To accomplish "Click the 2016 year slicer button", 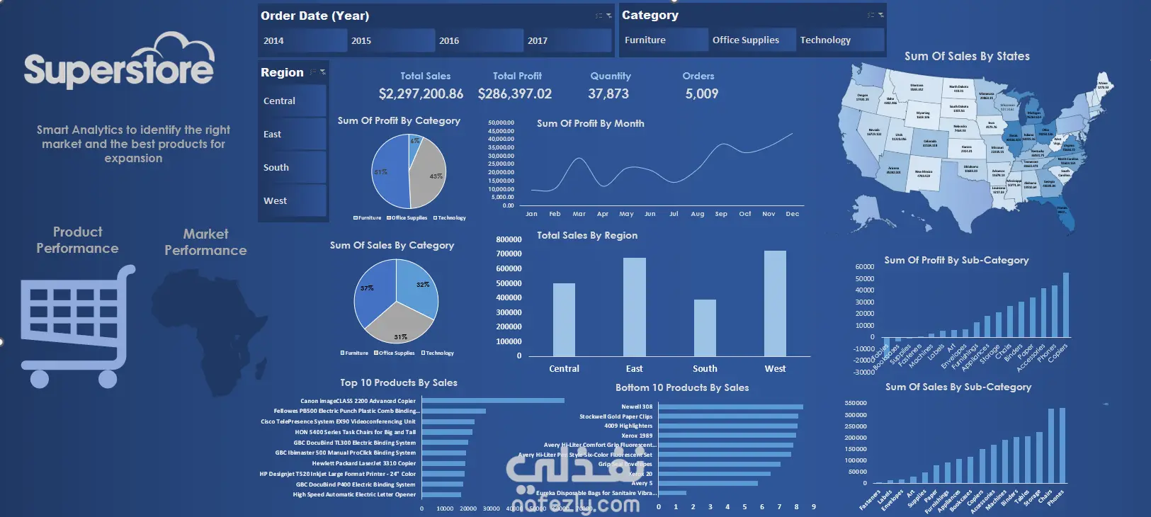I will (479, 40).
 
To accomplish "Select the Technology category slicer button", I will (841, 40).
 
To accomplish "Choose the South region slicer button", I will (292, 168).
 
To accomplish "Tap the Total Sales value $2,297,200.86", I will (421, 93).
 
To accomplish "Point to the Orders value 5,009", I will (701, 93).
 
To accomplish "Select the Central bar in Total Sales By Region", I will (564, 319).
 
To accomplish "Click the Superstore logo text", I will (119, 69).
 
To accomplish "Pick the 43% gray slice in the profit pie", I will (428, 177).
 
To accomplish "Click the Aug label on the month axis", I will (698, 214).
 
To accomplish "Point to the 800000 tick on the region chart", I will (509, 239).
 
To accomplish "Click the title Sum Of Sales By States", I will (967, 57).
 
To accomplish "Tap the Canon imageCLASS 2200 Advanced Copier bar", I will (493, 401).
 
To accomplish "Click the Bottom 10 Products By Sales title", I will (682, 387).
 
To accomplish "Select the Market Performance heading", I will (205, 242).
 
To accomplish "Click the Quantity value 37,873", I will (608, 93).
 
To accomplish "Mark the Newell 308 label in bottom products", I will (637, 407).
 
